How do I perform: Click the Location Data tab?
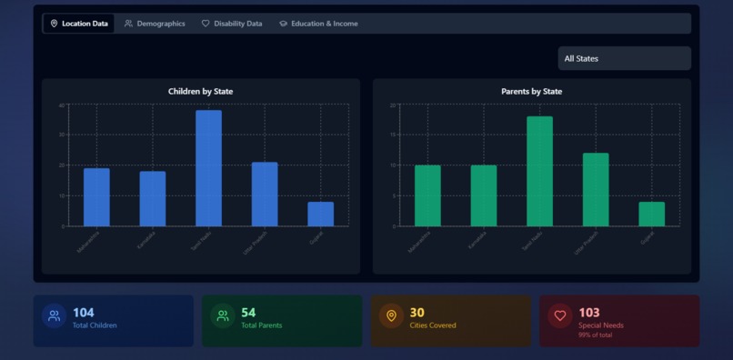(79, 24)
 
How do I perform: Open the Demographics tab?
(155, 24)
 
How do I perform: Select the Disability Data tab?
(232, 24)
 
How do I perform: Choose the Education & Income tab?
(318, 24)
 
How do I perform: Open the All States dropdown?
(624, 59)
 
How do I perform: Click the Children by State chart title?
(200, 92)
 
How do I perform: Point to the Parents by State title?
(531, 92)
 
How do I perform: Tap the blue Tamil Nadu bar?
(208, 168)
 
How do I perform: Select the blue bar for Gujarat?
(320, 214)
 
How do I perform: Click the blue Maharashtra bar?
(96, 197)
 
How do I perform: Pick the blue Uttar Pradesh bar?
(265, 194)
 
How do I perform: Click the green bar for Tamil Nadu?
(539, 171)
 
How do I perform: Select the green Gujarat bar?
(651, 214)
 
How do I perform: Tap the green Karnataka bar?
(484, 195)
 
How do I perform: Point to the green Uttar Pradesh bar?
(596, 189)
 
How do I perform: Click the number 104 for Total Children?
(83, 313)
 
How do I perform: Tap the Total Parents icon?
(223, 316)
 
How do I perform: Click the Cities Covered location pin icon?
(391, 316)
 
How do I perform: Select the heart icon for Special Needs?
(560, 316)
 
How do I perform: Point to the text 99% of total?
(596, 335)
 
